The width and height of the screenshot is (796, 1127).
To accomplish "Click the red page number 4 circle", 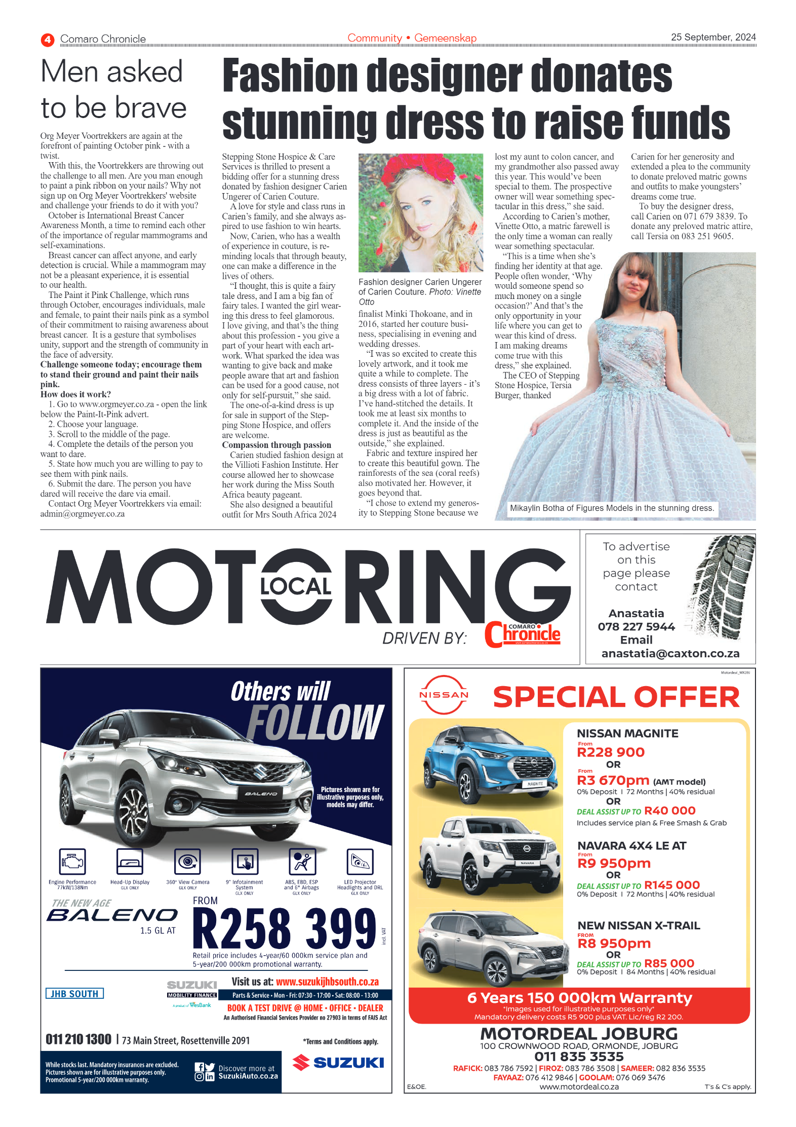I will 48,40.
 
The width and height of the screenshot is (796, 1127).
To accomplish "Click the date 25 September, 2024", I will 713,37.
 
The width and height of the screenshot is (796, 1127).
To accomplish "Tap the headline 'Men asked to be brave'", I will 113,90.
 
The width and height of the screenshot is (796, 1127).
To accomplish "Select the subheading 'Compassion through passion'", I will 276,445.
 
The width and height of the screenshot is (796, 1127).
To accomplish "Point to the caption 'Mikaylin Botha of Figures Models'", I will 612,508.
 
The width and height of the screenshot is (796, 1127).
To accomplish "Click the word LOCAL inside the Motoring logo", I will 296,586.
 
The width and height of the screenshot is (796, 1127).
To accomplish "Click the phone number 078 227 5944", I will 636,627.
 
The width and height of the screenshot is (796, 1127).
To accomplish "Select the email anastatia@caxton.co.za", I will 670,654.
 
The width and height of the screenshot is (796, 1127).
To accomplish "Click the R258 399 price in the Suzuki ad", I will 285,928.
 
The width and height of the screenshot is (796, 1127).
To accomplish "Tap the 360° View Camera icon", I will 188,862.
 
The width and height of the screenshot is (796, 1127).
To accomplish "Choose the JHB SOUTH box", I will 74,994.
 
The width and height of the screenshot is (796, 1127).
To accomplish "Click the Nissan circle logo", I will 444,695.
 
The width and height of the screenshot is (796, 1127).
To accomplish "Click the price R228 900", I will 611,753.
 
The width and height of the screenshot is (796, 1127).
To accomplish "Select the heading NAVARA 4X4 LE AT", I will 631,846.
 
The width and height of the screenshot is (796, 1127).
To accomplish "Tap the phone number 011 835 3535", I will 579,1057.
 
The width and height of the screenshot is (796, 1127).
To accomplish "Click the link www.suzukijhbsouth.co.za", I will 327,982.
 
